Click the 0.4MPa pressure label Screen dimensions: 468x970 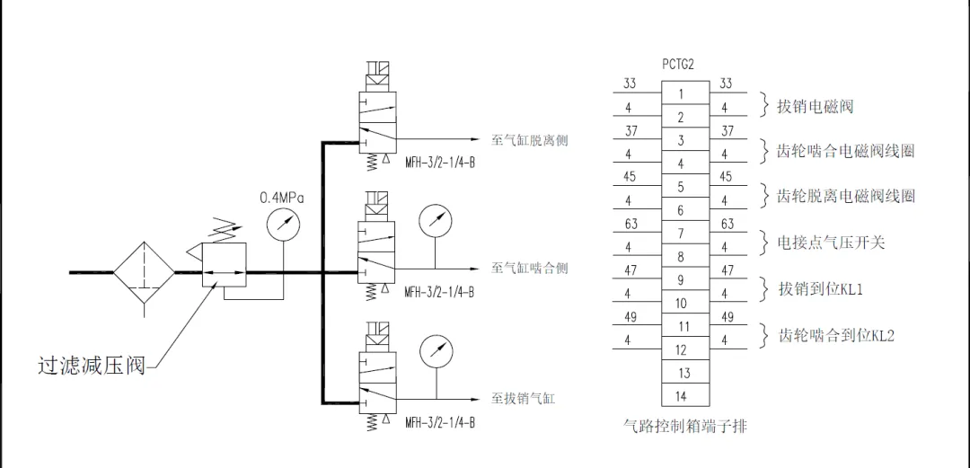282,197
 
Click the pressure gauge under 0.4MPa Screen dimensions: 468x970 284,225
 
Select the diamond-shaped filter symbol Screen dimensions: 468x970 143,271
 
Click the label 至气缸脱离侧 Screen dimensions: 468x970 529,140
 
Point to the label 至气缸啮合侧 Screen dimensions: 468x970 529,268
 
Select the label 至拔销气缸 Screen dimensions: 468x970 523,398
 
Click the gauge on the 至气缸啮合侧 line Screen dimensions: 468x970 435,219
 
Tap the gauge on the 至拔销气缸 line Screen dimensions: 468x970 435,349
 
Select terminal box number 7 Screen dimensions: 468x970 681,234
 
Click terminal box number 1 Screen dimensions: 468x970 681,94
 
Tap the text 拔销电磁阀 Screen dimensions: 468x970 815,107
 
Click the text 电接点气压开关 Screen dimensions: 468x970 831,243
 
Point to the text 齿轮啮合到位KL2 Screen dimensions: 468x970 836,336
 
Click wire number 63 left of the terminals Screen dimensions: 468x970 630,224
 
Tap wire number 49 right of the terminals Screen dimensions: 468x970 727,317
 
